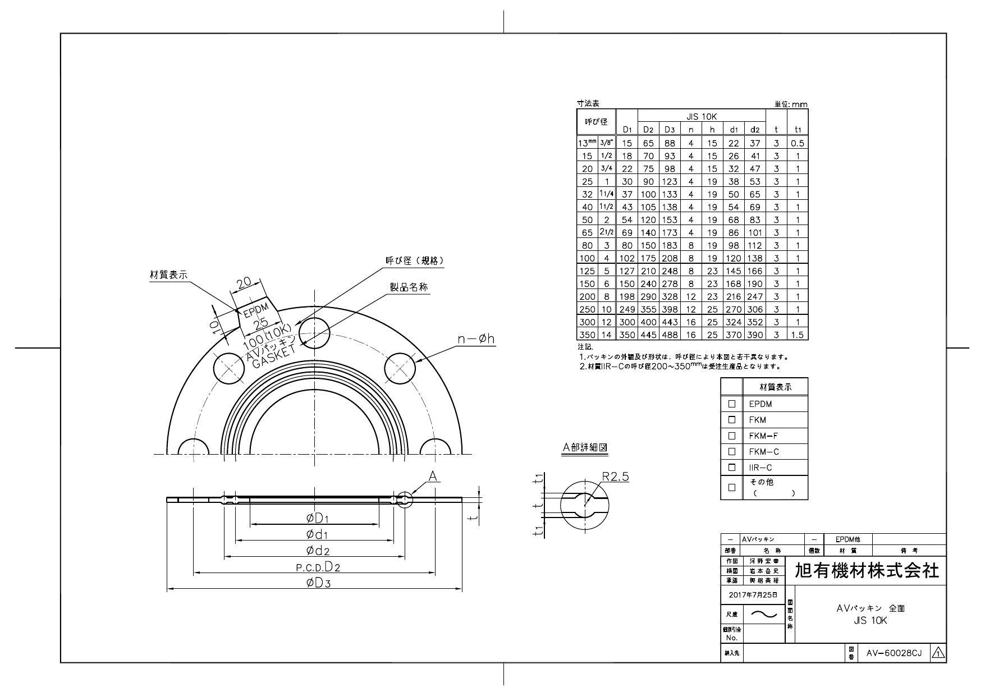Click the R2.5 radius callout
coord(615,477)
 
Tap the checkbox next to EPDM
coord(731,404)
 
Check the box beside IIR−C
coord(731,467)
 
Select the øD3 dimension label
coord(318,583)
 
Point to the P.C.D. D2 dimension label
coord(318,566)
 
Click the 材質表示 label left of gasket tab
coord(168,274)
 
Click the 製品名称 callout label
coord(409,287)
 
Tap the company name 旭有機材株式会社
coord(867,571)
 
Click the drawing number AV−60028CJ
coord(894,653)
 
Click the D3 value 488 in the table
coord(670,335)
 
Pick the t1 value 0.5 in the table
coord(797,143)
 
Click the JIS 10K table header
coord(701,117)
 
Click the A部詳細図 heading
coord(585,447)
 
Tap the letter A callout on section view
coord(433,477)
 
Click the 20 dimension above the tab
coord(245,284)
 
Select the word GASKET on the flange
coord(273,357)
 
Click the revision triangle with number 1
coord(938,653)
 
